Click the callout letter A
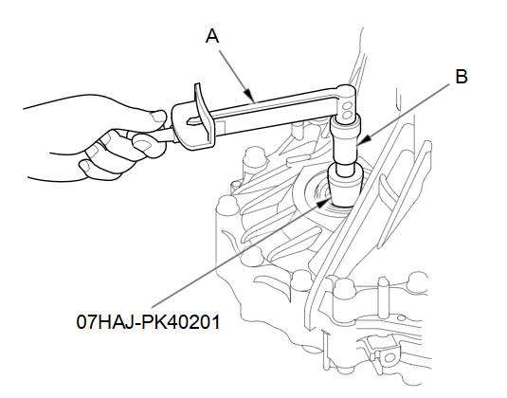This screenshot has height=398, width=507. click(212, 36)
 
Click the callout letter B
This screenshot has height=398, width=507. click(462, 77)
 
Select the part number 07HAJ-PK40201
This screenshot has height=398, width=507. click(148, 322)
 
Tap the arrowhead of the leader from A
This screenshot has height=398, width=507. click(250, 96)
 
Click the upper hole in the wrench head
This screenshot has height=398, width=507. click(347, 105)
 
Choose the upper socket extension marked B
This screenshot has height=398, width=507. click(345, 139)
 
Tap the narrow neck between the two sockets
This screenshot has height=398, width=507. click(346, 168)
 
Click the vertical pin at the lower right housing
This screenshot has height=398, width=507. click(384, 298)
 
